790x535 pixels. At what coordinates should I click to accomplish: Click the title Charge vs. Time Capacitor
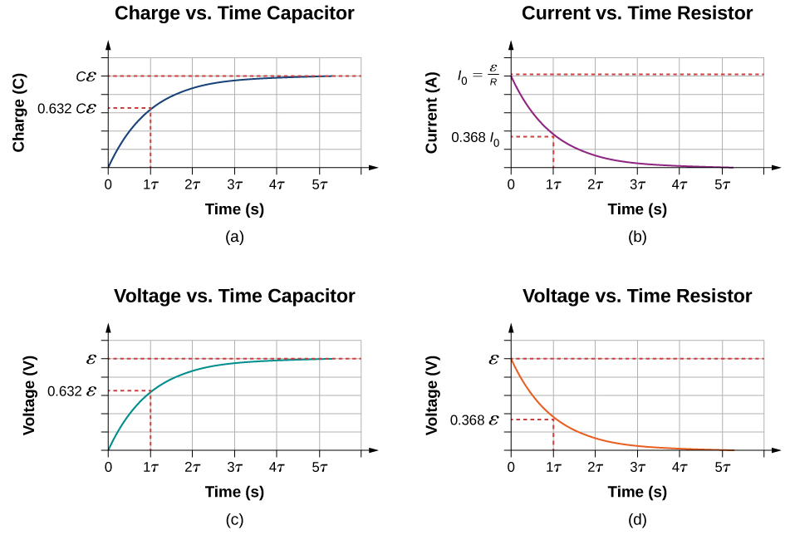(234, 13)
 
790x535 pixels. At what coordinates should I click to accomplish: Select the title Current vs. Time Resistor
(636, 13)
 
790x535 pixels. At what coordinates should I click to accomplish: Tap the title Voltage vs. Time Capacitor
(234, 297)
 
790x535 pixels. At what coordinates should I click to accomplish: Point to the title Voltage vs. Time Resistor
(636, 297)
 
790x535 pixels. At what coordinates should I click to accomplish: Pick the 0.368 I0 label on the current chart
(476, 137)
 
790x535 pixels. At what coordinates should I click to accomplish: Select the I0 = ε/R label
(481, 76)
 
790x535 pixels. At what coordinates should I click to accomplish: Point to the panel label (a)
(234, 237)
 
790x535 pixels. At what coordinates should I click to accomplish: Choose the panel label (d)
(636, 518)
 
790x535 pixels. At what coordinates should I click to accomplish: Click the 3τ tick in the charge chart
(235, 185)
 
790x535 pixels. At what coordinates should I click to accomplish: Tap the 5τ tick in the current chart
(723, 185)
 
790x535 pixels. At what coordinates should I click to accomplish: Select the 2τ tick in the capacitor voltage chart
(193, 468)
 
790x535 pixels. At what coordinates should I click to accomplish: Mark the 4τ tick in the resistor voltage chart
(680, 468)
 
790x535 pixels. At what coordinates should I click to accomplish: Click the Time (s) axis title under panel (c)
(234, 493)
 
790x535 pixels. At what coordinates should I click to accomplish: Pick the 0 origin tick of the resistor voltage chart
(510, 468)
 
